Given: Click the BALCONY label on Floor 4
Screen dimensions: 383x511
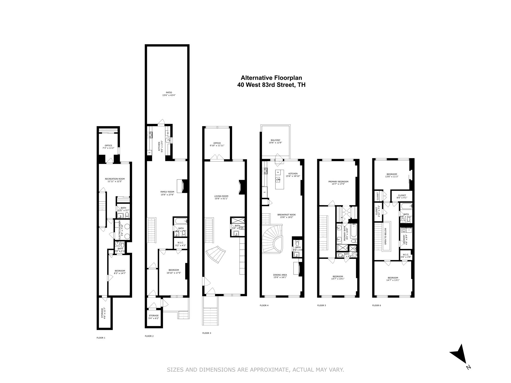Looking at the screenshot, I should point(275,140).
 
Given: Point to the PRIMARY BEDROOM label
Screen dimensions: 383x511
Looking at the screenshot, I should point(338,182).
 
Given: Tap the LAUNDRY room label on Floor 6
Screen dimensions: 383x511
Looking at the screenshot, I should point(404,239).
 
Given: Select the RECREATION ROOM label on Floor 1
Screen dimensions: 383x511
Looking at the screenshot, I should point(114,179).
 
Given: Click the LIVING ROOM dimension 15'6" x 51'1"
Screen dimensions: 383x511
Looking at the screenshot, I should point(221,199).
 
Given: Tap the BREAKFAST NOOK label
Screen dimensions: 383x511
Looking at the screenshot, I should point(286,215).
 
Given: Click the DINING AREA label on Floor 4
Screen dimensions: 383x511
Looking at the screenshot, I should point(279,275).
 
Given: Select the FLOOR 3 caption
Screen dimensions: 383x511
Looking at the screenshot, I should point(207,333).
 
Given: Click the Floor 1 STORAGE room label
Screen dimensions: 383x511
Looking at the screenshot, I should point(102,313).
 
